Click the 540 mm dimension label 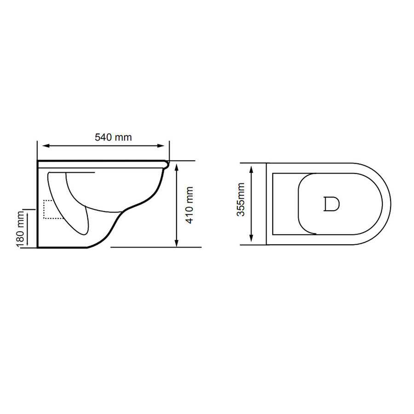point(113,137)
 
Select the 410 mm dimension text point(189,205)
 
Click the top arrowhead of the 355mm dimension point(251,169)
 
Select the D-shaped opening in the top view point(331,204)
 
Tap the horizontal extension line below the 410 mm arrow point(156,247)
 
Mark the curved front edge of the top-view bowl point(389,204)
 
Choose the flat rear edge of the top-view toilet point(266,204)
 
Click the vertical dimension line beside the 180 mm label point(28,229)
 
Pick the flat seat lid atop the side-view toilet point(101,162)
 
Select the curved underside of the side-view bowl point(138,202)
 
